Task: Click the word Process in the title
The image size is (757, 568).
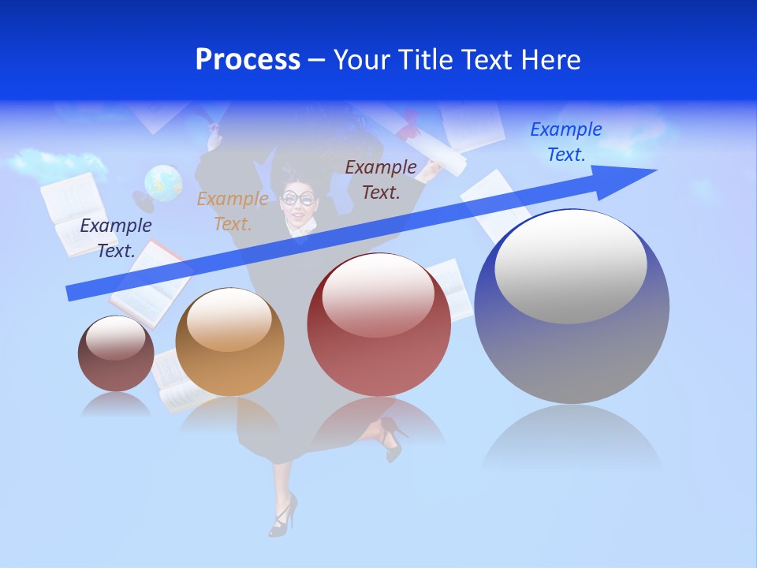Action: tap(248, 60)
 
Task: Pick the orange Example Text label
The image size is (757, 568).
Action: tap(233, 211)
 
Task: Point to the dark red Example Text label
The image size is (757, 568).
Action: tap(381, 179)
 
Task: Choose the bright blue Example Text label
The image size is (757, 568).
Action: tap(566, 142)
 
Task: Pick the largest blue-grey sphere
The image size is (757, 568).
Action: tap(572, 347)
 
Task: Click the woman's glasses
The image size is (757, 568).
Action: tap(300, 197)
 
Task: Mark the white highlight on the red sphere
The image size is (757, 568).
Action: tap(378, 295)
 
